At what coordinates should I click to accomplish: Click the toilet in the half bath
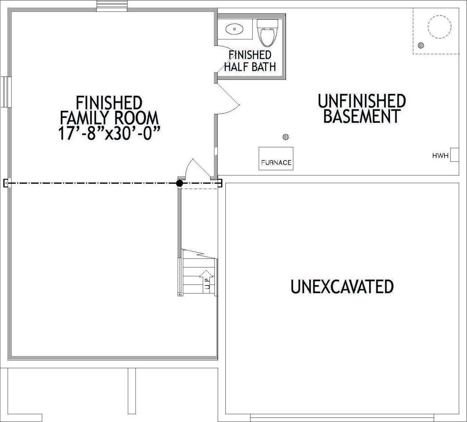click(268, 33)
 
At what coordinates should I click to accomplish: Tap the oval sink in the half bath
click(234, 29)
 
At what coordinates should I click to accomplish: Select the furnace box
click(276, 158)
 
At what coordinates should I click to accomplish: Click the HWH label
click(440, 156)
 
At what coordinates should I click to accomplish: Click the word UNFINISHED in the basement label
click(362, 101)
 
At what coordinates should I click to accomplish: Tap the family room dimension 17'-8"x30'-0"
click(109, 133)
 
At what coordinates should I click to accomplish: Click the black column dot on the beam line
click(179, 183)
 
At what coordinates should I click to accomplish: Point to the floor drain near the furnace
click(286, 137)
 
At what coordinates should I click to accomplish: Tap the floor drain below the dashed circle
click(421, 45)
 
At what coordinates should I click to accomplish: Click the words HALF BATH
click(250, 67)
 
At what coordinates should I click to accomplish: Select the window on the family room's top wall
click(112, 6)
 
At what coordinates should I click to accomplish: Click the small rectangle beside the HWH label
click(455, 155)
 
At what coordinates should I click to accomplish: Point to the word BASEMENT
click(362, 116)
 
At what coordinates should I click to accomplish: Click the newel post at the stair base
click(179, 295)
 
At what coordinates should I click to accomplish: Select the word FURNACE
click(276, 162)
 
